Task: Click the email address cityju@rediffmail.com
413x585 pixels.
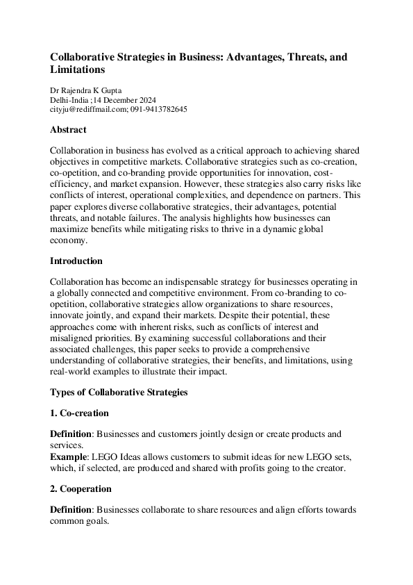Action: [88, 109]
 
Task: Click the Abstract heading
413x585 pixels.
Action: [68, 129]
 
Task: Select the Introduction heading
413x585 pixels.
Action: [76, 261]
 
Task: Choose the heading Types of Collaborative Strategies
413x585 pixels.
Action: [119, 393]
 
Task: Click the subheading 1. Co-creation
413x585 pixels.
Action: [79, 413]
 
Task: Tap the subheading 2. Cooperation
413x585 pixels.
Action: [82, 489]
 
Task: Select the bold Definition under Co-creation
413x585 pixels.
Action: [71, 434]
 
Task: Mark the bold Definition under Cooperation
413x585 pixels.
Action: [71, 510]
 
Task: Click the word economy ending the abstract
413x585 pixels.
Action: [69, 240]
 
